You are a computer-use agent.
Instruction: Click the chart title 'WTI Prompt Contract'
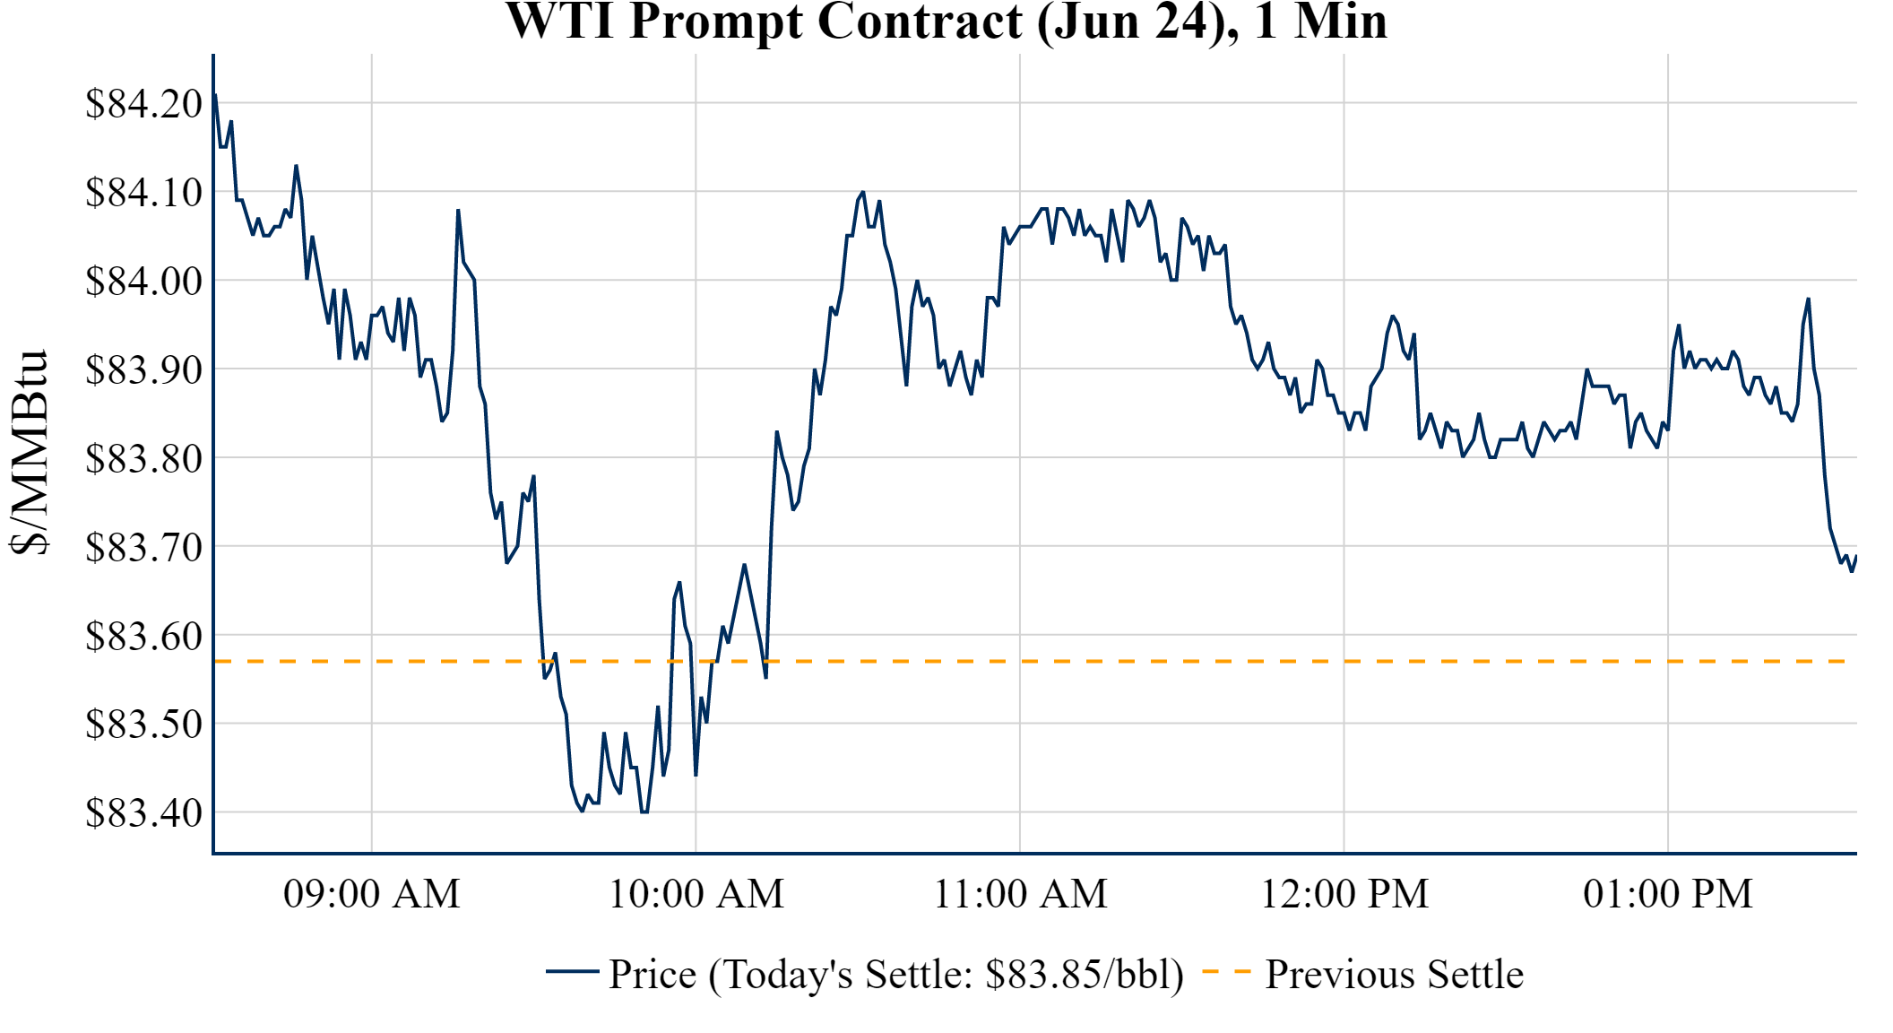tap(946, 22)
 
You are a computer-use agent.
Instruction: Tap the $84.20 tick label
tap(144, 104)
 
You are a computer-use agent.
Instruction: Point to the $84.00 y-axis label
tap(144, 282)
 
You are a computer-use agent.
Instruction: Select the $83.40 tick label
tap(144, 813)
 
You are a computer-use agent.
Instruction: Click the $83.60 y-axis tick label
tap(144, 637)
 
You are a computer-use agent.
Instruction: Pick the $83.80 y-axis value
tap(144, 459)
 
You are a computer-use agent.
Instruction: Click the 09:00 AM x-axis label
tap(372, 894)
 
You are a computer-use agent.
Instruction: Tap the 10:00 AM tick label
tap(696, 894)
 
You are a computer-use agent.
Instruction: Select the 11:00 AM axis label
tap(1020, 894)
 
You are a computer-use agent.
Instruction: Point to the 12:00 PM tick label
tap(1344, 894)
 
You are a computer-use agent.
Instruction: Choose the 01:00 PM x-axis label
tap(1668, 894)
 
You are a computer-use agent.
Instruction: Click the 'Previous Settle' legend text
tap(1394, 975)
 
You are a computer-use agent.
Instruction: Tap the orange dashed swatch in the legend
tap(1226, 972)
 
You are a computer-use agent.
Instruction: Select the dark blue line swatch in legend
tap(572, 972)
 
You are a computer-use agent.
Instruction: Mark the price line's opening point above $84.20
tap(215, 94)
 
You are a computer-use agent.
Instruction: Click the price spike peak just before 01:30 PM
tap(1808, 299)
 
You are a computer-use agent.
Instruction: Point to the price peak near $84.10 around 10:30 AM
tap(862, 192)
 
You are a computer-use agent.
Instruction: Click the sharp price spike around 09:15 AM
tap(458, 211)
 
